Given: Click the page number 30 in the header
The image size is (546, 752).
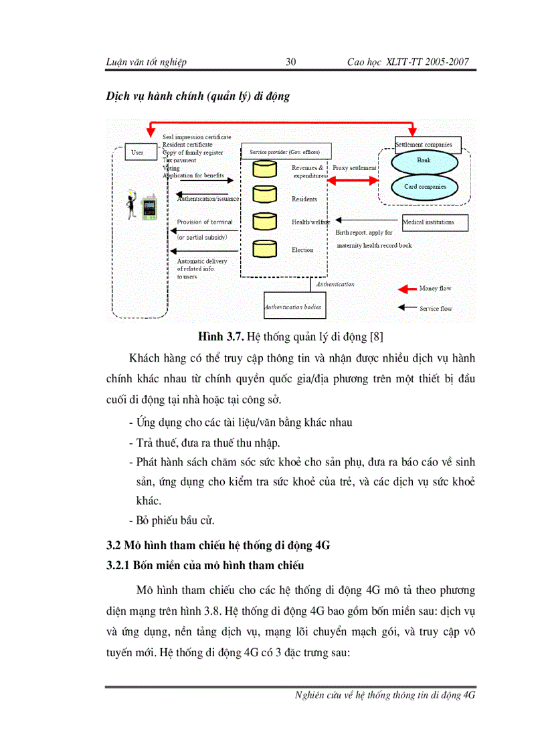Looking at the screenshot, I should point(291,62).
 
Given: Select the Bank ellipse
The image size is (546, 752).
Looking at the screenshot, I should point(424,161).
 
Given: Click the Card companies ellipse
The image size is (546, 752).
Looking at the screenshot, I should point(424,187).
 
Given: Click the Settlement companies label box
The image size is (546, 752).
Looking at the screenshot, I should point(424,144).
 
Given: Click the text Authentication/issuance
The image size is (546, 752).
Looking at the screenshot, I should point(207,199).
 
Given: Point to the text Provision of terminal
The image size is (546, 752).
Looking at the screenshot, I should point(205,222).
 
